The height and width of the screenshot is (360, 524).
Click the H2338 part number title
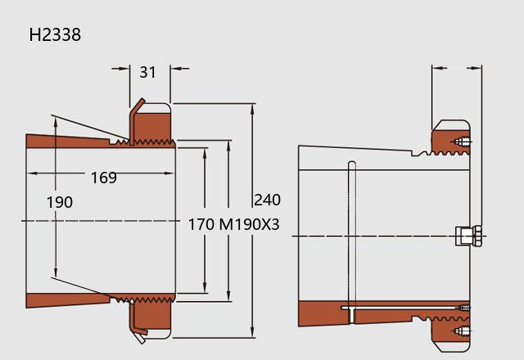(x=55, y=34)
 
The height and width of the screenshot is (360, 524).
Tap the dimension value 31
(x=147, y=72)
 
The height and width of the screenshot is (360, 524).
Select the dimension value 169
(x=104, y=178)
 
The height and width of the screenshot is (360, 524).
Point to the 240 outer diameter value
(x=268, y=200)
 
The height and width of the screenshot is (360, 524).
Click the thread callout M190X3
(x=249, y=224)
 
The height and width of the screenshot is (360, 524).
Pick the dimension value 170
(x=201, y=224)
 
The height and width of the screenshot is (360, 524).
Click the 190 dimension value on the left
(x=60, y=202)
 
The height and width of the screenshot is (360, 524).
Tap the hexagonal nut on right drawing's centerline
(x=469, y=236)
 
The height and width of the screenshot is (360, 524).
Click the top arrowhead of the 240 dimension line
(x=252, y=109)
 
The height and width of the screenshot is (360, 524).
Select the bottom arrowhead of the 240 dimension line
(x=252, y=332)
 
